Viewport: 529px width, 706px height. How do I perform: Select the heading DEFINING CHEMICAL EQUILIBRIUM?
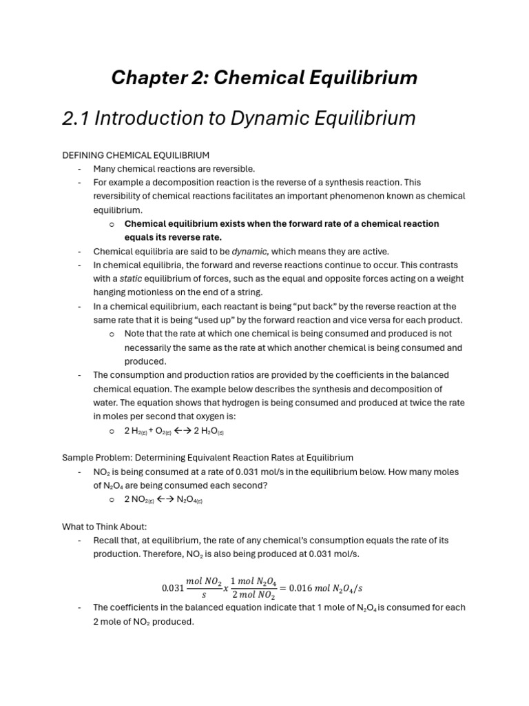pos(136,155)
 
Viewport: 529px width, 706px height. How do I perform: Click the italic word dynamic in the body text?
pos(249,252)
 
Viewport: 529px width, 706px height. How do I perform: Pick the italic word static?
pos(129,279)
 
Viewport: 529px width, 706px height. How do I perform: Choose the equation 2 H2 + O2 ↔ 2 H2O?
pos(174,431)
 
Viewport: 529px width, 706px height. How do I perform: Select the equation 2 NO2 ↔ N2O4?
pos(163,500)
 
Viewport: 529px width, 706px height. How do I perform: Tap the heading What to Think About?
pos(105,527)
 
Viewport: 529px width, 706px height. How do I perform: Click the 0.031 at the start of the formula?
pos(172,588)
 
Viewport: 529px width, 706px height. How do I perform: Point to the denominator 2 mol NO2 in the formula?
pos(255,596)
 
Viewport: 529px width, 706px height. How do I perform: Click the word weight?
pos(451,279)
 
